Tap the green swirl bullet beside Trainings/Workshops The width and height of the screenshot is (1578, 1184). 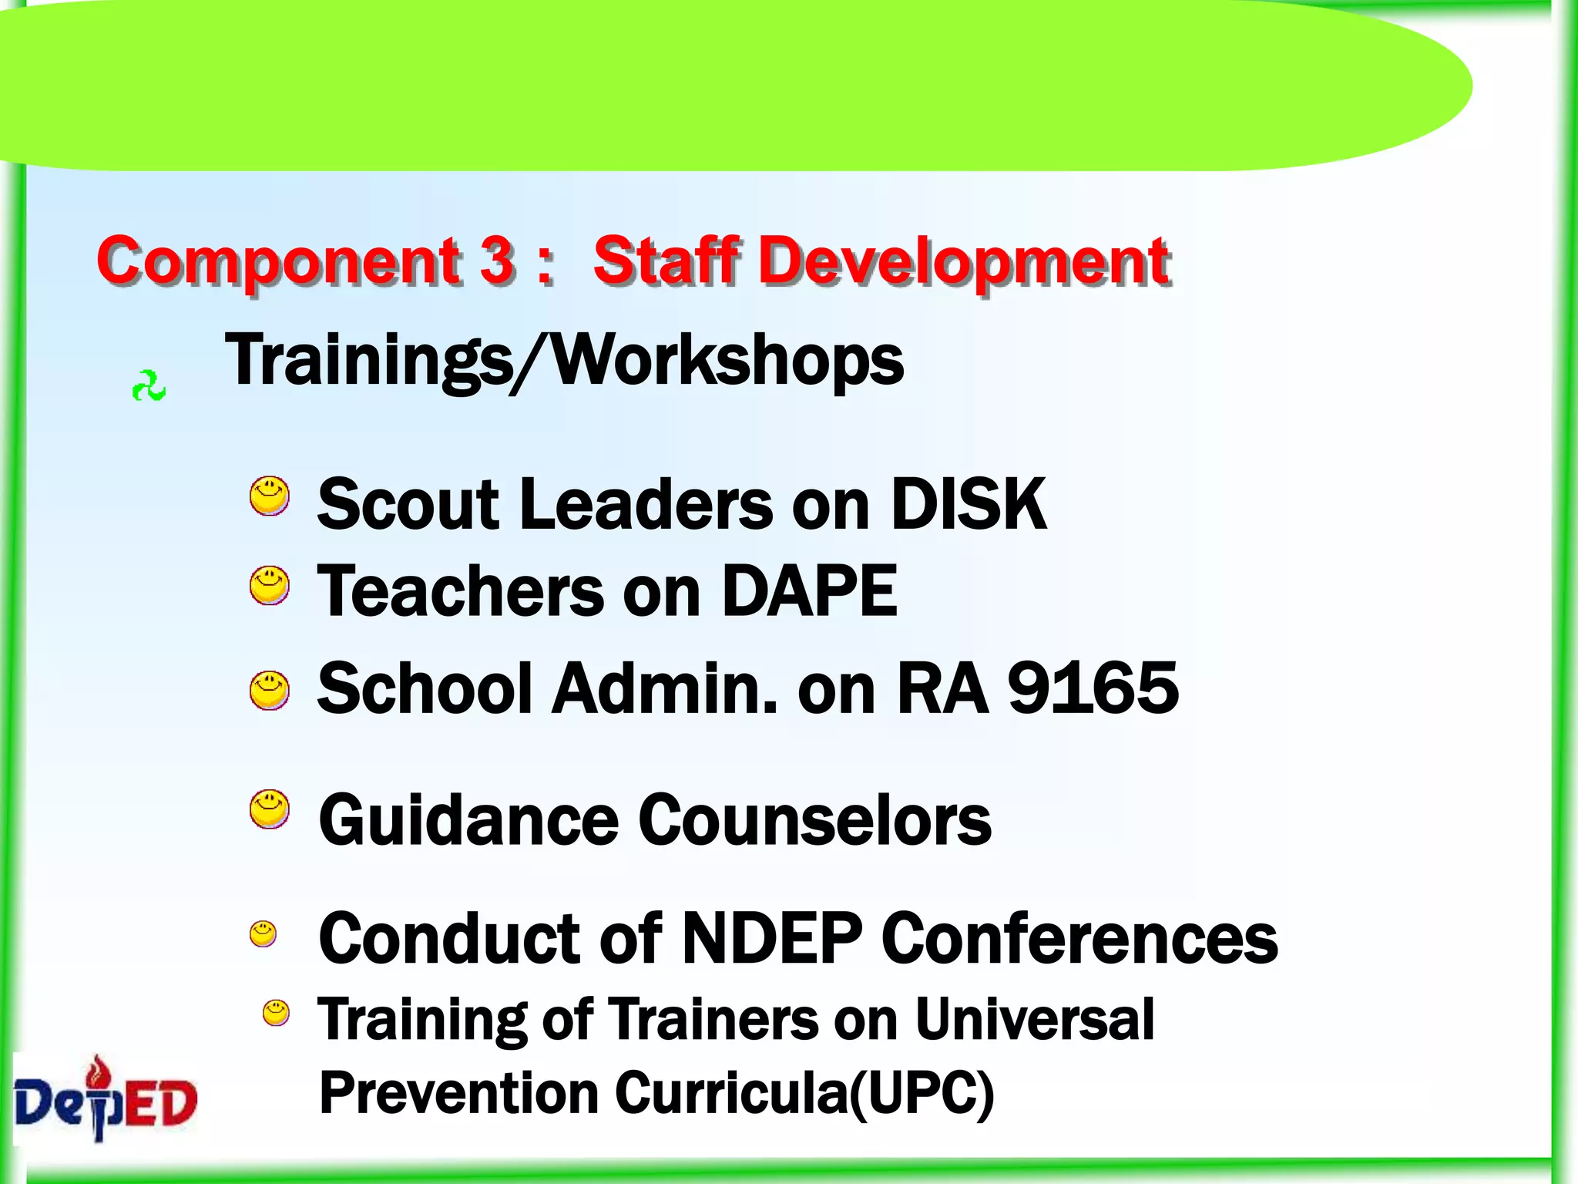pyautogui.click(x=149, y=386)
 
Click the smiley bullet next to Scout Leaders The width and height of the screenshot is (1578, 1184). pyautogui.click(x=270, y=496)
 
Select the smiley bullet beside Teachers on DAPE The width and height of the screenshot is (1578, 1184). pyautogui.click(x=270, y=586)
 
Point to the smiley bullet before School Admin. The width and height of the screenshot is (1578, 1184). pyautogui.click(x=270, y=690)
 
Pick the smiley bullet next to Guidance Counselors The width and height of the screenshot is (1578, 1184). pyautogui.click(x=270, y=809)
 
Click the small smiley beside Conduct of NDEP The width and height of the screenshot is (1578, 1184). pyautogui.click(x=263, y=933)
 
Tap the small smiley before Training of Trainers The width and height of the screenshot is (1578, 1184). pyautogui.click(x=276, y=1013)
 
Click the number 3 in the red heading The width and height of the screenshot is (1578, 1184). pyautogui.click(x=497, y=261)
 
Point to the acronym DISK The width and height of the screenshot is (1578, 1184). pyautogui.click(x=969, y=504)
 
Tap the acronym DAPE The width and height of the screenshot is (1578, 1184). pyautogui.click(x=809, y=591)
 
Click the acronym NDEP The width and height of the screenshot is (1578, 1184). pyautogui.click(x=772, y=938)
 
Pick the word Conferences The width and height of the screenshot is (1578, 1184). pyautogui.click(x=1079, y=938)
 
